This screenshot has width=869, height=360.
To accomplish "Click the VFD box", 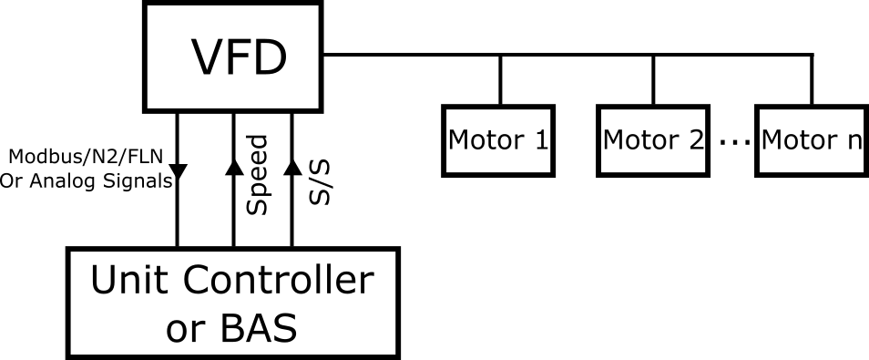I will tap(233, 57).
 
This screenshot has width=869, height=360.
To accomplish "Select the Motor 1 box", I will tap(498, 140).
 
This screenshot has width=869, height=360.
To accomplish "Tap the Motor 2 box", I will tap(654, 140).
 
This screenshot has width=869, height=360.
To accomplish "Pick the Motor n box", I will tap(811, 140).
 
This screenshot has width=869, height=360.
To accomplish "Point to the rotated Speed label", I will tap(258, 175).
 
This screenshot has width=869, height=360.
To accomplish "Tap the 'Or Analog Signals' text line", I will tap(86, 180).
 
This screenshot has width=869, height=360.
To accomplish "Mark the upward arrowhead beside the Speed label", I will tap(234, 166).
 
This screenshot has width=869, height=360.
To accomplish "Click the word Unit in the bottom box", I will tap(123, 281).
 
